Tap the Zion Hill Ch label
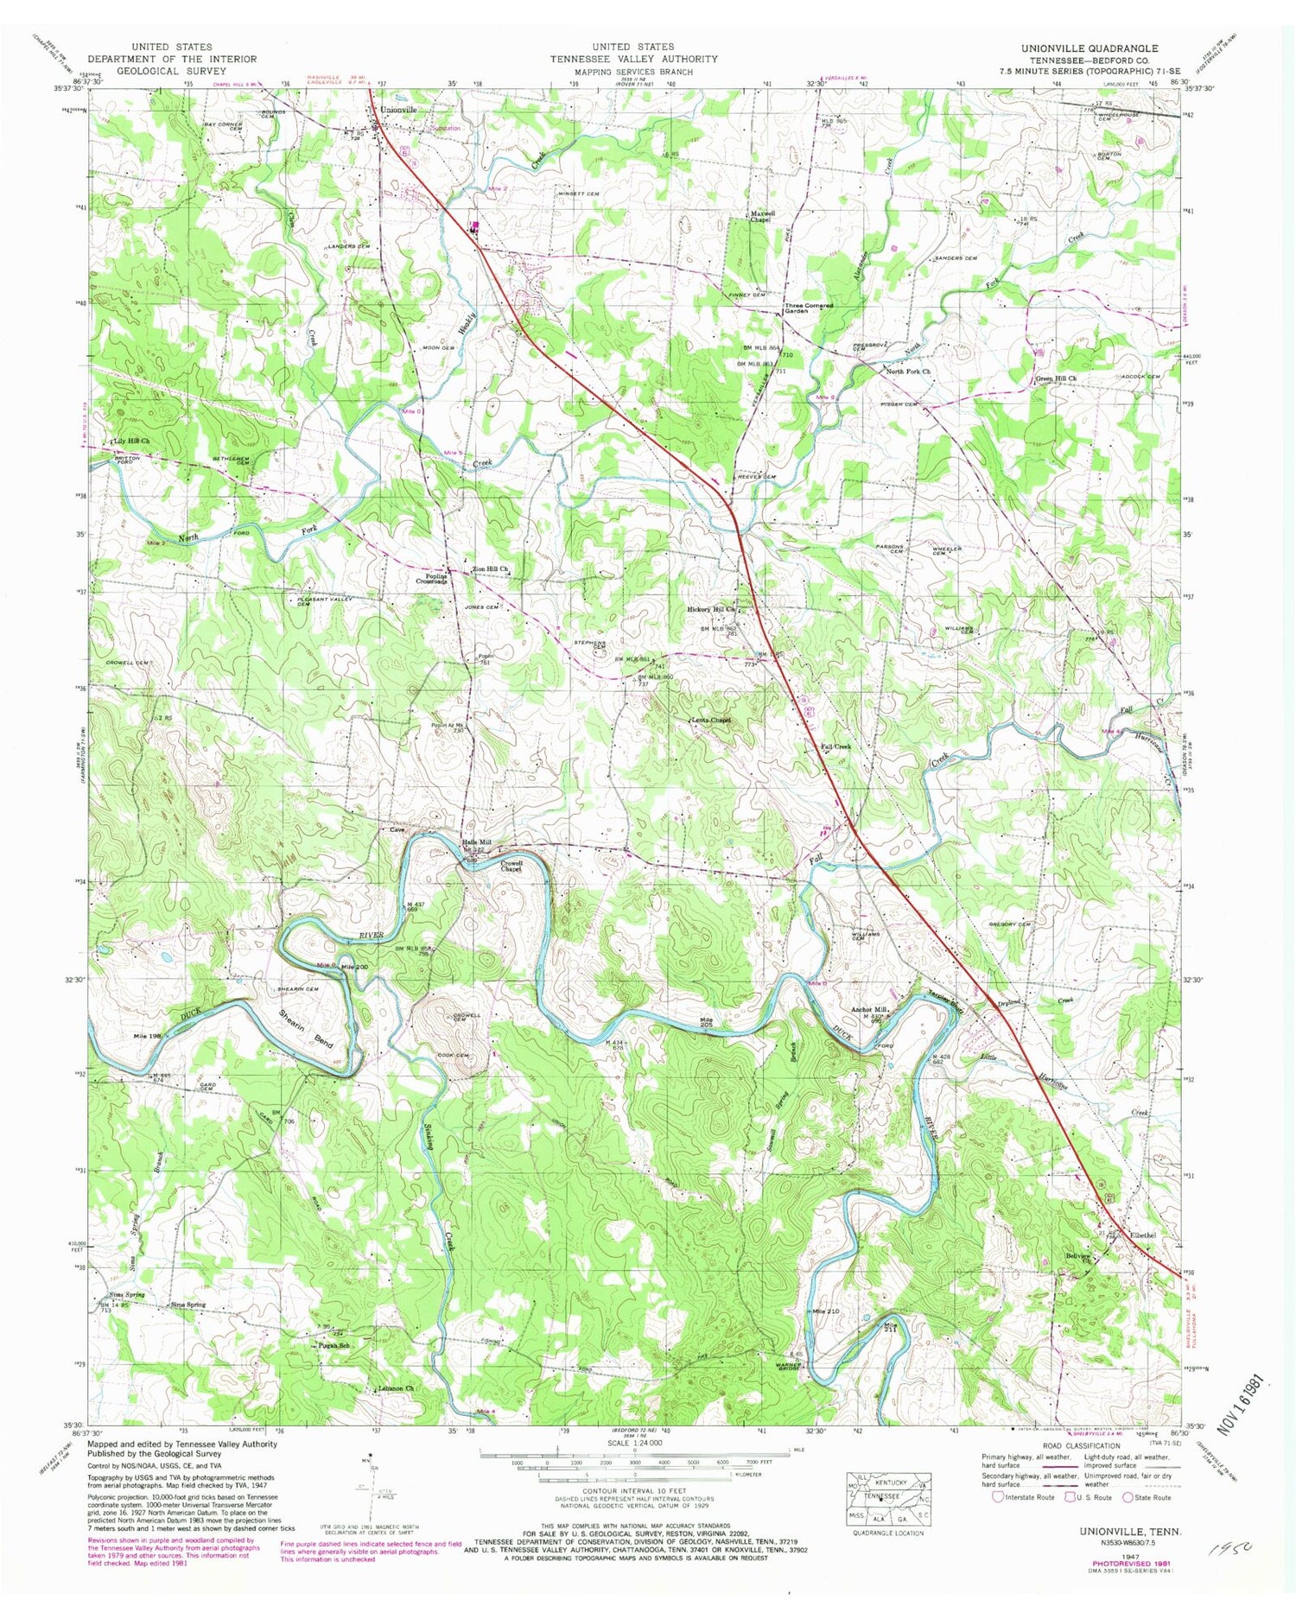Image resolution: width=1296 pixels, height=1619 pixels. coord(491,568)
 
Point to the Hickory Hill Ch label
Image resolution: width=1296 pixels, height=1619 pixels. coord(711,609)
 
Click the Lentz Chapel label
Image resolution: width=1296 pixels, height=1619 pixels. coord(710,720)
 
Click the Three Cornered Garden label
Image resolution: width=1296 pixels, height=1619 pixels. coord(809,308)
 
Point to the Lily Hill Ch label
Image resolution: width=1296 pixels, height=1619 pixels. coord(130,441)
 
